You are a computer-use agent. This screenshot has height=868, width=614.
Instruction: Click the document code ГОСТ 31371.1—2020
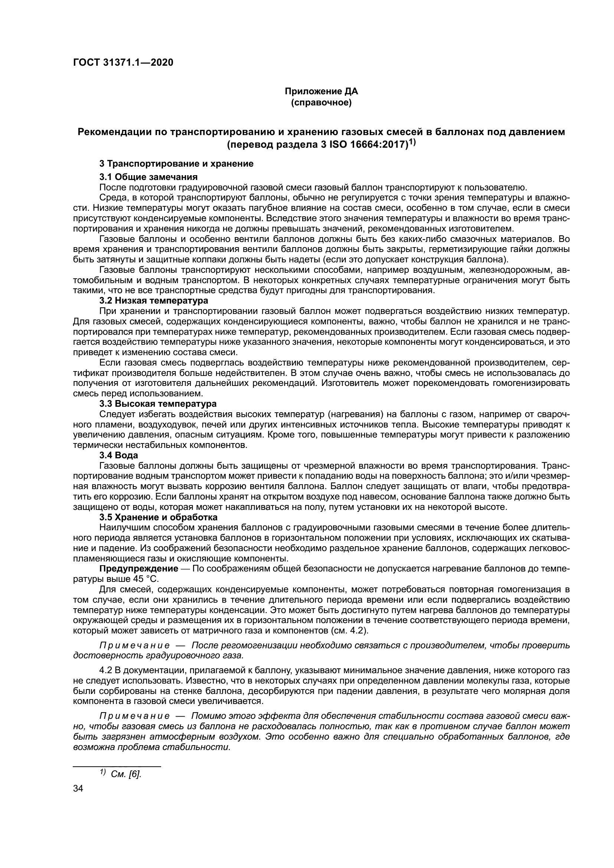[123, 62]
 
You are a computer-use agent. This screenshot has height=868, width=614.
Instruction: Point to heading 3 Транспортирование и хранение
[176, 164]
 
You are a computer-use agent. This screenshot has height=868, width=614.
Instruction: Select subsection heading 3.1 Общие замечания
[148, 177]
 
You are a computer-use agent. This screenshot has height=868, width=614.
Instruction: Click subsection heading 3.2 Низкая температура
[154, 301]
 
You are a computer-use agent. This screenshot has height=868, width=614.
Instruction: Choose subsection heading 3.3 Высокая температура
[158, 404]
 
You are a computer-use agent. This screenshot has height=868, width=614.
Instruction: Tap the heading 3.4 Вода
[119, 455]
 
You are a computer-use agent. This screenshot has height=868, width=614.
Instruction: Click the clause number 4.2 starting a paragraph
[105, 670]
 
